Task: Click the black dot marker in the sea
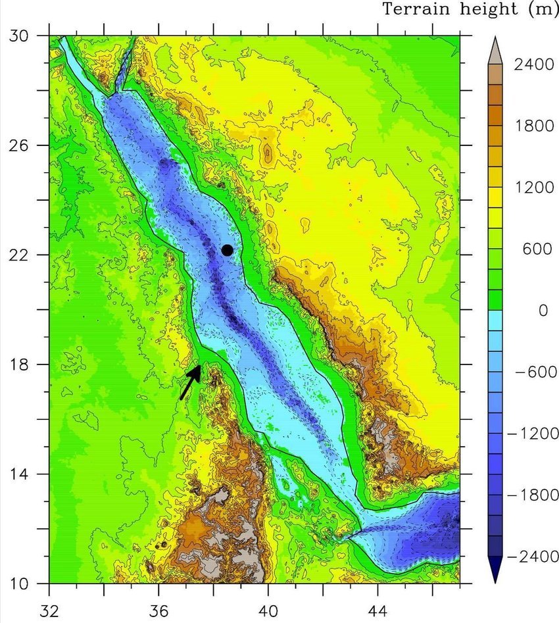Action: point(228,250)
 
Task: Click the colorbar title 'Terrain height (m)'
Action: point(470,9)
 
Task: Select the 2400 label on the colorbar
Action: point(533,66)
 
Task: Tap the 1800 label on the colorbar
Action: point(533,127)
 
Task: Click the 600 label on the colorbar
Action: point(537,249)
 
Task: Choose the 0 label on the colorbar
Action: point(543,311)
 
